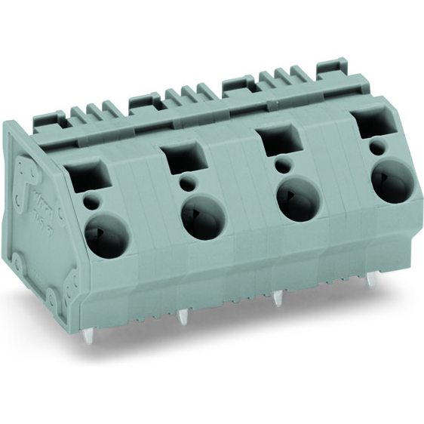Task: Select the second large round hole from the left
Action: coord(203,220)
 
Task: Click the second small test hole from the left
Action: coord(185,185)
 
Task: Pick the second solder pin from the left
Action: coord(182,318)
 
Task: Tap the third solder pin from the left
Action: coord(277,298)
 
